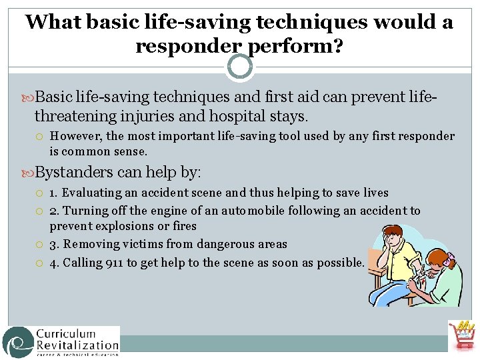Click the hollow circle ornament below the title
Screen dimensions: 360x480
tap(239, 66)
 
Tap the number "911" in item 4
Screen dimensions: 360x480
tap(114, 263)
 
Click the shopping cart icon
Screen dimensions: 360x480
tap(461, 335)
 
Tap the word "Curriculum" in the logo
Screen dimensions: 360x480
tap(66, 333)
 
